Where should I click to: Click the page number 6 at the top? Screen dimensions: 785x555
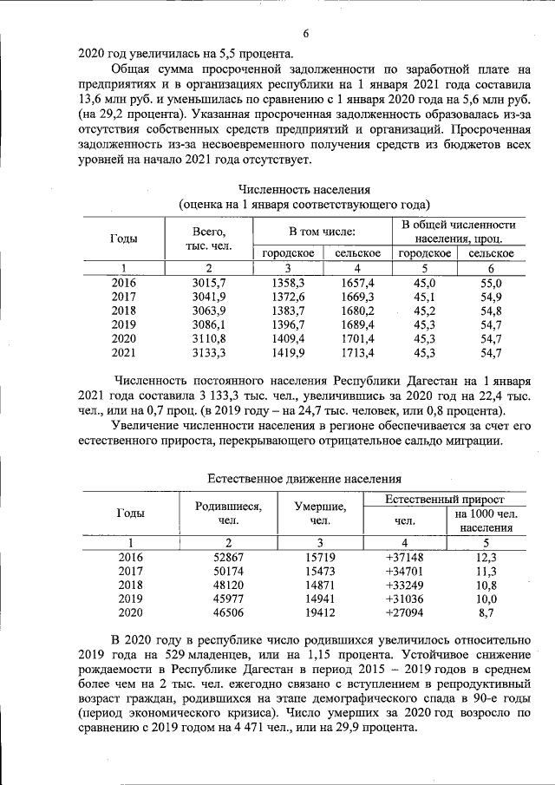click(306, 33)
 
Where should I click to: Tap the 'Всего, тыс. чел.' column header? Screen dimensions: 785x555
click(208, 238)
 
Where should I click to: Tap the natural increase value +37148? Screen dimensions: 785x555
click(404, 558)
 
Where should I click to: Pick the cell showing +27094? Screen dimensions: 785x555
click(404, 612)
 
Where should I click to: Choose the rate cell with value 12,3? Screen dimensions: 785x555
click(486, 558)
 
